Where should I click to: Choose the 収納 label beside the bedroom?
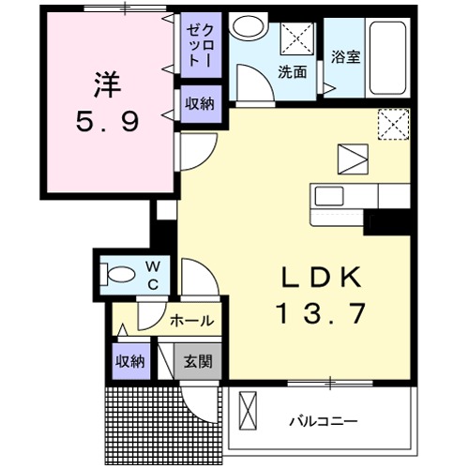198,103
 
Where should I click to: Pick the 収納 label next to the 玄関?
129,361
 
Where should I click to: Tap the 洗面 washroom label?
291,71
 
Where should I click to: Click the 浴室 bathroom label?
345,57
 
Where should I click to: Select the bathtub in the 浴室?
387,56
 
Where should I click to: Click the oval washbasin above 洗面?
250,28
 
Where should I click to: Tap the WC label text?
153,276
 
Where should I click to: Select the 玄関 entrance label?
197,361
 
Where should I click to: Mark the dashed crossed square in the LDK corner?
393,123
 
